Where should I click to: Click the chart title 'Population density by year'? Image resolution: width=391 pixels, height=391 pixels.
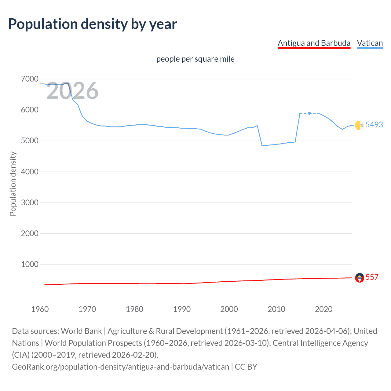tap(93, 24)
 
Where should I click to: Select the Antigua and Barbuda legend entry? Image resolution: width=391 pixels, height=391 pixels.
tap(314, 43)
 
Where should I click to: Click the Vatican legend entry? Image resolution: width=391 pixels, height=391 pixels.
tap(370, 43)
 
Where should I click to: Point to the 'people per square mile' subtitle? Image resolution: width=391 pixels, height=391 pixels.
tap(195, 59)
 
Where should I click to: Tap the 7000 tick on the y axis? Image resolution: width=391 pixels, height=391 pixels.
tap(30, 79)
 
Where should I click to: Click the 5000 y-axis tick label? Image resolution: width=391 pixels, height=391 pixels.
tap(30, 141)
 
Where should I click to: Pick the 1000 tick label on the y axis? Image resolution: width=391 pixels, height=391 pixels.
tap(30, 264)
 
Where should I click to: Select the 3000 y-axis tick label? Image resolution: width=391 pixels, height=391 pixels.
tap(30, 203)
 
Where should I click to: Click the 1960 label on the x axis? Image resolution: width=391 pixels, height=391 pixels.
tap(40, 309)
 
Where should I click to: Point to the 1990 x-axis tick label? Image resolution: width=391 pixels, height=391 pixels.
tap(182, 309)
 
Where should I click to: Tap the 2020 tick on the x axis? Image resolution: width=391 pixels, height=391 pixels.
tap(323, 309)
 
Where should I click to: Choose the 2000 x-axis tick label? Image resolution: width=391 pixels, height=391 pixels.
tap(229, 309)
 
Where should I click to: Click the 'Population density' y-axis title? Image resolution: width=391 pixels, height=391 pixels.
tap(13, 184)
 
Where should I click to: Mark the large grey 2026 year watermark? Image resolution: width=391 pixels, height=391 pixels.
tap(72, 91)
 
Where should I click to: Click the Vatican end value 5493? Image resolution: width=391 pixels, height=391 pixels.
tap(374, 125)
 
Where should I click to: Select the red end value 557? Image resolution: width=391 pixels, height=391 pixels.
tap(372, 277)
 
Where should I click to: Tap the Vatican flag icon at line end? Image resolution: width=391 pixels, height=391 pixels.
tap(359, 125)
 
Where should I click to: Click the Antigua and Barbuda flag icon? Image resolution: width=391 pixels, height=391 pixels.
tap(360, 278)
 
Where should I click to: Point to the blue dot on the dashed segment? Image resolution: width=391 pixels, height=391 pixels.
tap(309, 113)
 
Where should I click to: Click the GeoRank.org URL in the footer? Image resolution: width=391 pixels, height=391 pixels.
tap(120, 367)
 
